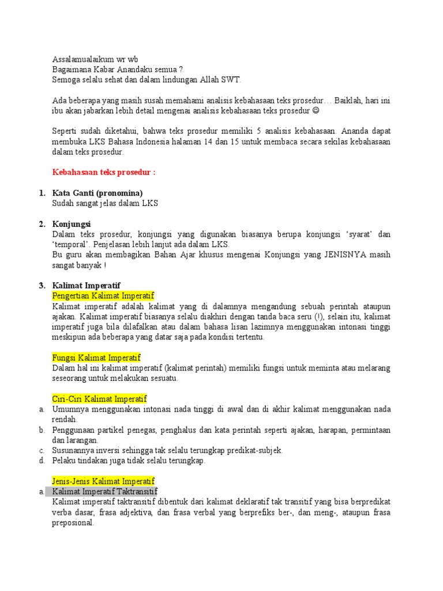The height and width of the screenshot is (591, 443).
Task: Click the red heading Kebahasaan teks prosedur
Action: [x=104, y=173]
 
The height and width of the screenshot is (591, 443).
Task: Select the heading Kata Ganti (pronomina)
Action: [x=97, y=193]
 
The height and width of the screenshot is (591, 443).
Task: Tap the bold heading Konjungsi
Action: [x=72, y=224]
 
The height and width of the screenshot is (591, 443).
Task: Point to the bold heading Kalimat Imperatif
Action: [x=86, y=286]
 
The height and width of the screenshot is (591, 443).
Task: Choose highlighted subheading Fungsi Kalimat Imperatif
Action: [x=96, y=358]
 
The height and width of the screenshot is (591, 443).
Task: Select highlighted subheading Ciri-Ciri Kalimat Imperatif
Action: [x=99, y=399]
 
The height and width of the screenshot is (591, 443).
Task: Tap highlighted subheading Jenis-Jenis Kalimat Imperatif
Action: [x=103, y=481]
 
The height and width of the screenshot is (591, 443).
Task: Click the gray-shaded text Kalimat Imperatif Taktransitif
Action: [x=104, y=492]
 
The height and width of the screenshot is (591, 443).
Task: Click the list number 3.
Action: [x=42, y=286]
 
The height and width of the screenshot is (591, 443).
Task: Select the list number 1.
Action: [x=42, y=193]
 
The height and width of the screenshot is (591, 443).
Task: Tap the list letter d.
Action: [x=42, y=461]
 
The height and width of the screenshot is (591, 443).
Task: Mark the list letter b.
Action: [x=42, y=430]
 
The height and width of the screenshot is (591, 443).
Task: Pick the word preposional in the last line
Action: [x=73, y=523]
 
